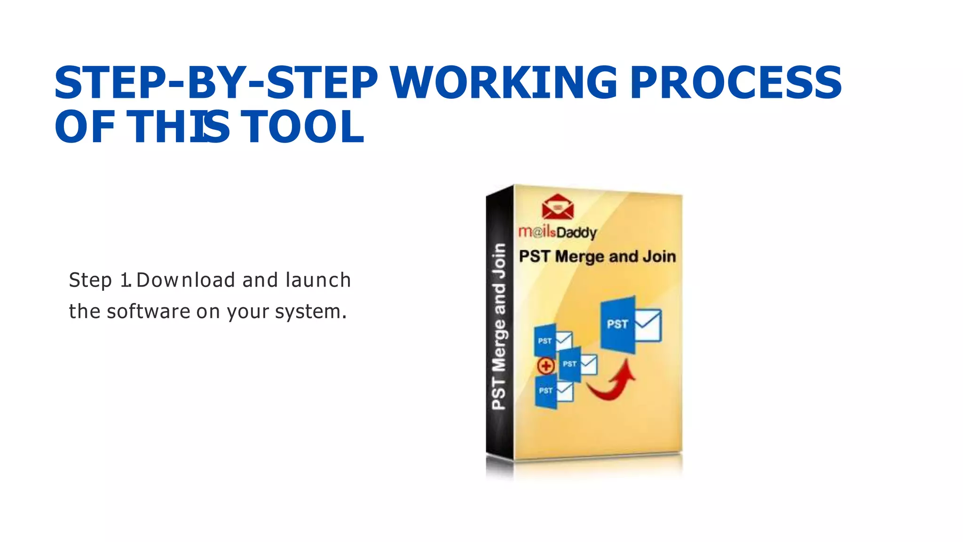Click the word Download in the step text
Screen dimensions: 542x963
(186, 280)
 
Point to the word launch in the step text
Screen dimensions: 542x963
(318, 280)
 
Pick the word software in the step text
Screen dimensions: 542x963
(148, 311)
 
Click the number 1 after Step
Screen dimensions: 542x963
(125, 280)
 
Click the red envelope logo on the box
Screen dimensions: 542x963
(558, 207)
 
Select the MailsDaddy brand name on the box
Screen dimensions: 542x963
(558, 232)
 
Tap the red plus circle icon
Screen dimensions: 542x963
(546, 366)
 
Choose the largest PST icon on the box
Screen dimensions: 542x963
(630, 325)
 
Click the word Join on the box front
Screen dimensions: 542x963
(659, 256)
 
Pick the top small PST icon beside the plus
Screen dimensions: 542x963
(553, 340)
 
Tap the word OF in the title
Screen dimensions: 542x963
(85, 127)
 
